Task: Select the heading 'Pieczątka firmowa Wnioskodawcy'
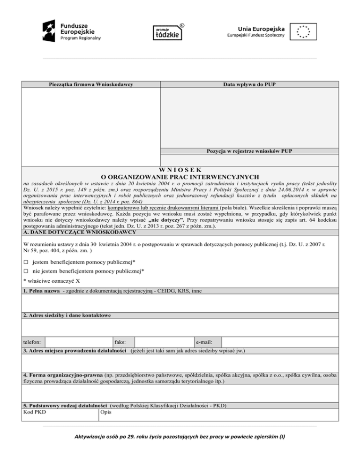(91, 84)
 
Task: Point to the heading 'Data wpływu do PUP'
(249, 84)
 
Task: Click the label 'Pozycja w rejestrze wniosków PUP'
(249, 151)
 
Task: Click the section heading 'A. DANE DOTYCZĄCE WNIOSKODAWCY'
(80, 232)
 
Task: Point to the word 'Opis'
(105, 412)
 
